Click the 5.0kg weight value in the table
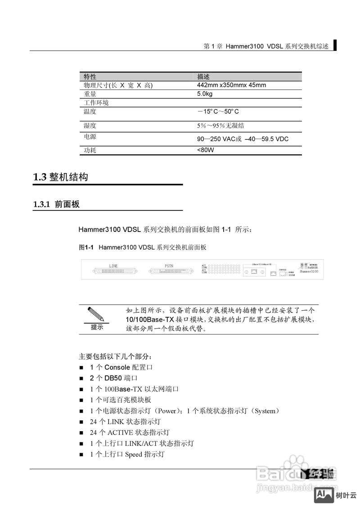[205, 94]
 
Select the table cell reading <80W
[206, 150]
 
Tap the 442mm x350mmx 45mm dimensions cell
[231, 85]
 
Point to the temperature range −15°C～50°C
[218, 111]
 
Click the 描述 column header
[203, 77]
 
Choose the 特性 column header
[90, 77]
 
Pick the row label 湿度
[90, 126]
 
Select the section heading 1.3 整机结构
[61, 177]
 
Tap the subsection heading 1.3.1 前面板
[57, 205]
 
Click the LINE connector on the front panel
[113, 272]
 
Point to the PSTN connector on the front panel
[169, 272]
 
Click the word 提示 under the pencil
[97, 327]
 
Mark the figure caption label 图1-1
[85, 247]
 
